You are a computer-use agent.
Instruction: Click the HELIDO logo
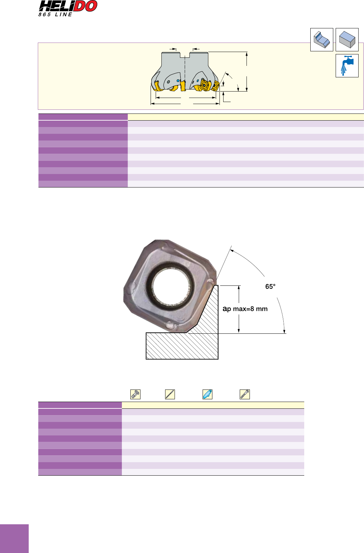click(68, 6)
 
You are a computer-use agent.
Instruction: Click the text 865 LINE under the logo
click(55, 15)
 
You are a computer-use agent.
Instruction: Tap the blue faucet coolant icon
click(347, 66)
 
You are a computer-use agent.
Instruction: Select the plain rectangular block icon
click(347, 40)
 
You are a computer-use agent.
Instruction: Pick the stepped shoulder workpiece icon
click(321, 40)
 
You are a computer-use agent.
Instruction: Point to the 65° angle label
click(270, 286)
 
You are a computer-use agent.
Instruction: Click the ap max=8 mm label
click(245, 309)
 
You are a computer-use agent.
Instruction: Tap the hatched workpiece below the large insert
click(182, 346)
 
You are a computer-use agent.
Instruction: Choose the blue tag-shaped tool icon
click(207, 394)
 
